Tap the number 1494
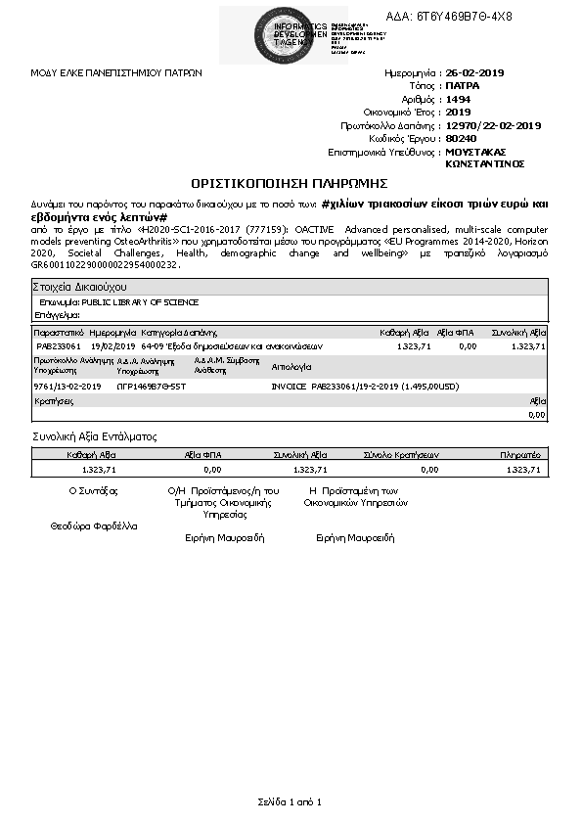point(457,99)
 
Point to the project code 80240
point(460,139)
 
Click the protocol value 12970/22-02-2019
point(493,125)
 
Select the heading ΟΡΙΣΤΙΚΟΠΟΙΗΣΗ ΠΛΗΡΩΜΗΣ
point(291,183)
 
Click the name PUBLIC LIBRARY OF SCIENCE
point(141,302)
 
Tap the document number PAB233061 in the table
point(58,345)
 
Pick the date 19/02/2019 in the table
point(112,345)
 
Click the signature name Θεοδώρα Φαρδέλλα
point(94,526)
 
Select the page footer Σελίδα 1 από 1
point(290,802)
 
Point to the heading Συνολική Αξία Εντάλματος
point(95,436)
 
